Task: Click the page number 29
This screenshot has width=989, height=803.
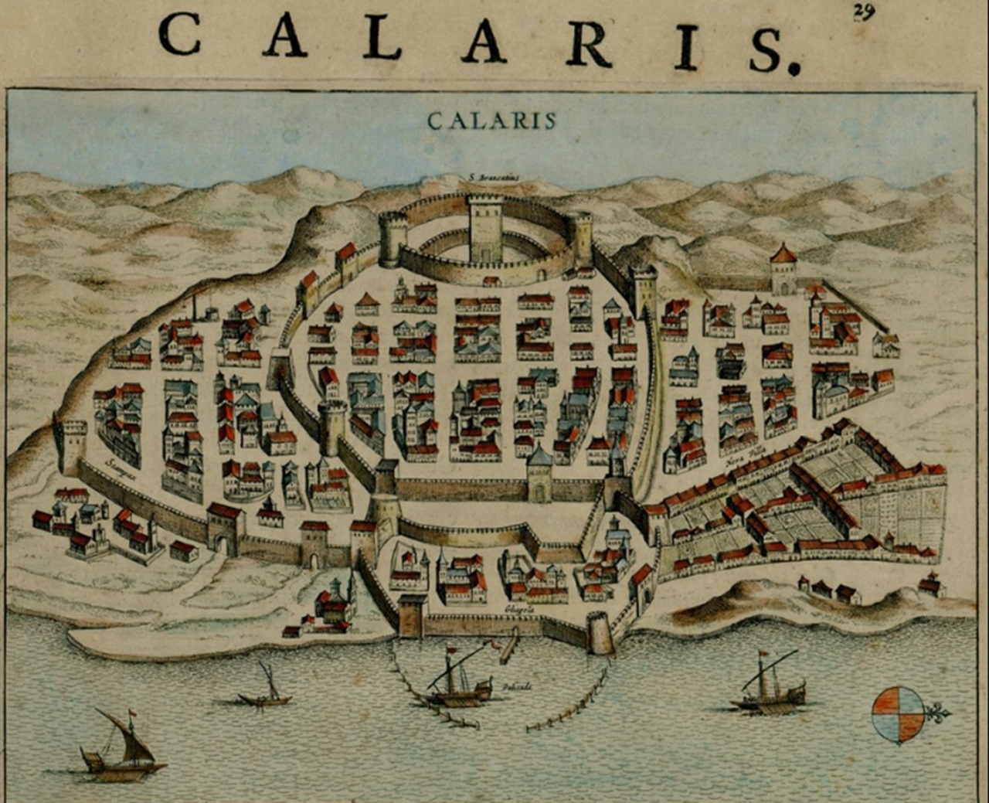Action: click(x=864, y=12)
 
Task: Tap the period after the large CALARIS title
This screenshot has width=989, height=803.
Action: click(x=793, y=68)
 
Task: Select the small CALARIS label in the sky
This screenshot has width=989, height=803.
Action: click(x=491, y=121)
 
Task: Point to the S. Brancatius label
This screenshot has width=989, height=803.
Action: click(x=494, y=178)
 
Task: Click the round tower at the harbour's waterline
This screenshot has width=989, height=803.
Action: click(x=600, y=632)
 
